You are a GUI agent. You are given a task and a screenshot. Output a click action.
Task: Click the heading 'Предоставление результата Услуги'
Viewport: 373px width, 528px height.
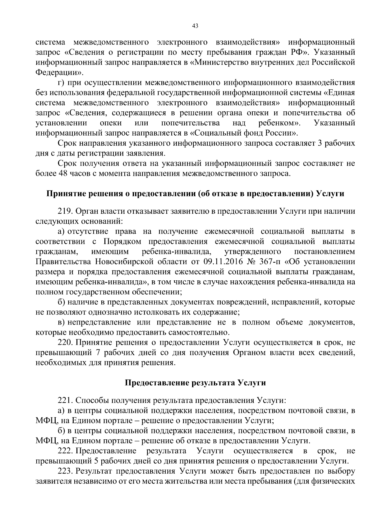point(195,383)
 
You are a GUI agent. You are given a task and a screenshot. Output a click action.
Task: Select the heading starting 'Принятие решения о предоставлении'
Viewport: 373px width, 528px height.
point(195,194)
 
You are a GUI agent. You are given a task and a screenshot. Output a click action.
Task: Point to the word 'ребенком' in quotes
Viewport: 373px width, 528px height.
point(278,123)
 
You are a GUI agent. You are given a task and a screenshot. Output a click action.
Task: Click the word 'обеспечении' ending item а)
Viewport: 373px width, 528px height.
point(157,292)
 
